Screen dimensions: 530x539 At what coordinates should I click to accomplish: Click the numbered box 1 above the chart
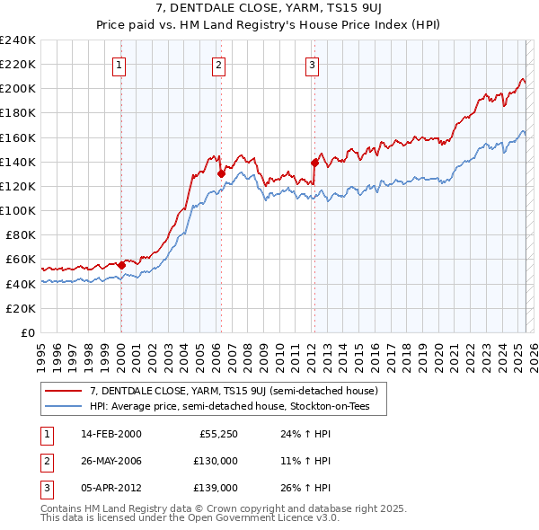point(119,64)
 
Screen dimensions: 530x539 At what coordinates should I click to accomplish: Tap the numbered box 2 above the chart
point(219,64)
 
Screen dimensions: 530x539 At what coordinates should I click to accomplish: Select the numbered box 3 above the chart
point(312,64)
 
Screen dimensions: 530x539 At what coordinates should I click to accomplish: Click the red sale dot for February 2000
point(121,265)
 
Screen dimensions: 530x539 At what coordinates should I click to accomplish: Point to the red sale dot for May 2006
point(221,172)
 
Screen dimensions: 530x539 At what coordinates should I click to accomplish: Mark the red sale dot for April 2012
point(314,163)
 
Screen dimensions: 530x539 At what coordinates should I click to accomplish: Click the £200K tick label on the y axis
point(18,89)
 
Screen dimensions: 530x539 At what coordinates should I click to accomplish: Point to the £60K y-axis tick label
point(22,260)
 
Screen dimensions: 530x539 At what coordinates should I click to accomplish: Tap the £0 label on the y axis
point(28,332)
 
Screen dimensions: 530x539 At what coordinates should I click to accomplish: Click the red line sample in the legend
point(63,391)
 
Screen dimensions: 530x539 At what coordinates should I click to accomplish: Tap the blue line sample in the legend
point(63,406)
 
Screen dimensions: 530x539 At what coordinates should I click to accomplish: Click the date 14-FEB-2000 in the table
point(111,434)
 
